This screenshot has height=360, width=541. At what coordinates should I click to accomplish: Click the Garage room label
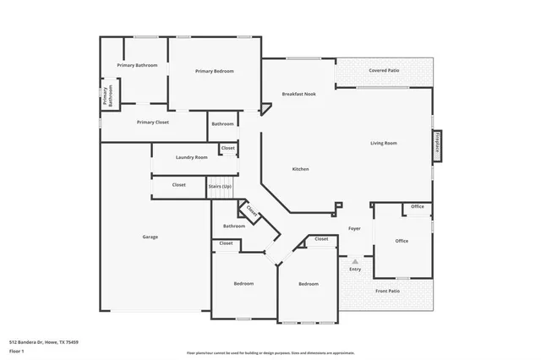(150, 237)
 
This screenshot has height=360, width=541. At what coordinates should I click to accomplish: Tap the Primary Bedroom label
(214, 71)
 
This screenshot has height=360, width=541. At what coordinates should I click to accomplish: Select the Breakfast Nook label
(298, 94)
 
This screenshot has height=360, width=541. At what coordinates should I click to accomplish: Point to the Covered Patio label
(384, 70)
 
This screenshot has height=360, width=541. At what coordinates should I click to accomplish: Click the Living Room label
(384, 143)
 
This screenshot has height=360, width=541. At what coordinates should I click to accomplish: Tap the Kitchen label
(300, 169)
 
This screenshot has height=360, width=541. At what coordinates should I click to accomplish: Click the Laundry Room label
(191, 157)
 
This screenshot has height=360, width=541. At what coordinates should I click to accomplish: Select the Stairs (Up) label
(220, 185)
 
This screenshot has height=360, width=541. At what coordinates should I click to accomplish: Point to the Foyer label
(354, 228)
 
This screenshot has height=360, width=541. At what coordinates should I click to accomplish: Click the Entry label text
(355, 270)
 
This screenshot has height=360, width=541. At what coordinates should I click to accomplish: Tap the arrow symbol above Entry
(355, 262)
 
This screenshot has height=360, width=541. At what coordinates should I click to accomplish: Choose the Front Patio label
(388, 292)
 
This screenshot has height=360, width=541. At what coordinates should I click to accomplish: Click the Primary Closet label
(153, 122)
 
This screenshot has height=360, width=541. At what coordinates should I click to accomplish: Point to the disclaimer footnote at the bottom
(270, 353)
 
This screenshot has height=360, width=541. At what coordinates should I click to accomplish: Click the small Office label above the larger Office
(417, 206)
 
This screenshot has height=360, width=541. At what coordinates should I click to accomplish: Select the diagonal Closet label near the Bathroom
(252, 210)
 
